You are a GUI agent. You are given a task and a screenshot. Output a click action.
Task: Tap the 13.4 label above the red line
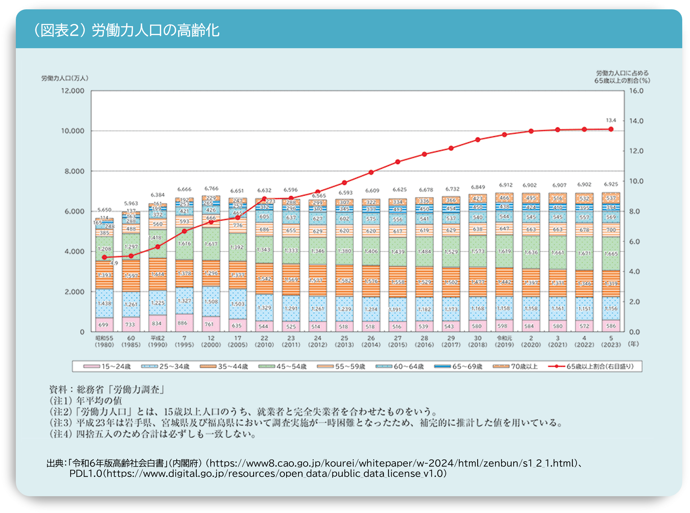(x=611, y=120)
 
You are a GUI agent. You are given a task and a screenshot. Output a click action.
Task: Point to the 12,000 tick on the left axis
(x=72, y=91)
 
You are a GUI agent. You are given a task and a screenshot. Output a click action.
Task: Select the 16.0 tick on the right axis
(x=636, y=91)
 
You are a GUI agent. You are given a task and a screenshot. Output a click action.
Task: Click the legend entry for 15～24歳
(x=107, y=367)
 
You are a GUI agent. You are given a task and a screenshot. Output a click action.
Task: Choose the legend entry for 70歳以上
(x=516, y=367)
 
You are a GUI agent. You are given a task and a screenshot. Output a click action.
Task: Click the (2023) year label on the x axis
(x=611, y=345)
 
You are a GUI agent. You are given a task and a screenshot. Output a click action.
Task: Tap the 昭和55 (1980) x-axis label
(x=104, y=341)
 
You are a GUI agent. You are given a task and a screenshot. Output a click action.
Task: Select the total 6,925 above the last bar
(x=611, y=184)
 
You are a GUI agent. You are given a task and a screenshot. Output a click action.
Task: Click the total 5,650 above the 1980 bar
(x=104, y=210)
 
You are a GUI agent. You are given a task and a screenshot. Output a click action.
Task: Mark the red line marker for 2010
(x=264, y=199)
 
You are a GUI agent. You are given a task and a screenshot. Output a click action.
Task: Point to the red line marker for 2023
(x=611, y=129)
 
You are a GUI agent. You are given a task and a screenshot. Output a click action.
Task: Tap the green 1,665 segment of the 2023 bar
(x=611, y=254)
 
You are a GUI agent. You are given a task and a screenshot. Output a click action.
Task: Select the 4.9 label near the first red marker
(x=114, y=263)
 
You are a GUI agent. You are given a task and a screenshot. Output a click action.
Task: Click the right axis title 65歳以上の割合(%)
(x=622, y=81)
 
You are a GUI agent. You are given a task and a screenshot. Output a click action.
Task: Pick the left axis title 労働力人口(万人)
(x=65, y=78)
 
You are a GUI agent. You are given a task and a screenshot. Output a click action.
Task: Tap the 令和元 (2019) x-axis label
(x=504, y=341)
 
